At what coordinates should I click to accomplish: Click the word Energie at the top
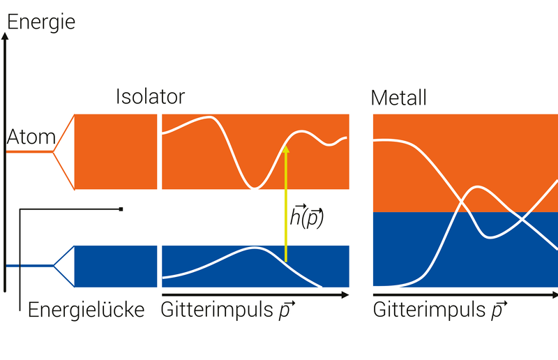(x=41, y=23)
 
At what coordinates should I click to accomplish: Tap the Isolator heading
(x=150, y=96)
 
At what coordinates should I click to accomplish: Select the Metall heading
(x=398, y=98)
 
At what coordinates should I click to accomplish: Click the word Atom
(x=31, y=137)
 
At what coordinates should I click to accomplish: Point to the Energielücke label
(x=86, y=310)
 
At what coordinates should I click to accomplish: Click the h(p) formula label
(x=307, y=216)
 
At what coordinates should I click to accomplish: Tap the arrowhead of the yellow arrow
(x=285, y=149)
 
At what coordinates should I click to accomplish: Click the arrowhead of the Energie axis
(x=5, y=36)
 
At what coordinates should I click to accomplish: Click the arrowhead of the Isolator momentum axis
(x=345, y=295)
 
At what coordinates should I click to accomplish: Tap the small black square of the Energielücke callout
(x=121, y=209)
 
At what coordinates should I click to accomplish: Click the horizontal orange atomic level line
(x=29, y=151)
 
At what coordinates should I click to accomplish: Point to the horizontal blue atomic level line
(x=29, y=266)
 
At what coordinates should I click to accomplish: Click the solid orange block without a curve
(x=116, y=151)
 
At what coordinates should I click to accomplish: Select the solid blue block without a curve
(x=116, y=267)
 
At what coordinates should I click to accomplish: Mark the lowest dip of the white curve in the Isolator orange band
(x=254, y=187)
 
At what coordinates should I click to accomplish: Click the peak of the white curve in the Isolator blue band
(x=254, y=248)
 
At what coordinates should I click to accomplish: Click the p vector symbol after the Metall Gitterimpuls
(x=499, y=310)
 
